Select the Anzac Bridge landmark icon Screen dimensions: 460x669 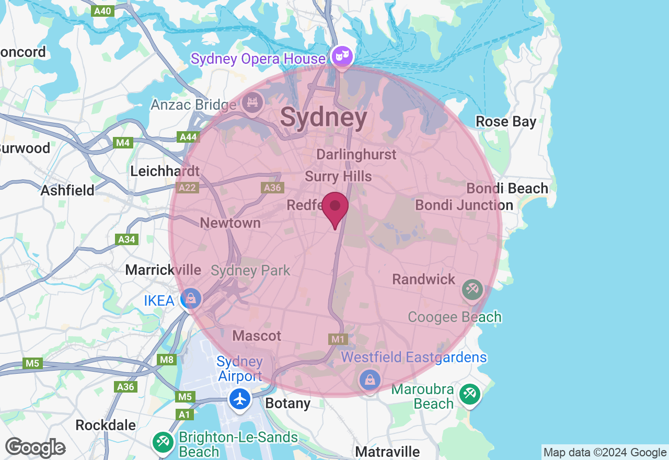click(253, 102)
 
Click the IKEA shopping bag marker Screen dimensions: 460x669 click(191, 299)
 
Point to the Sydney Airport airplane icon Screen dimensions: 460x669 click(240, 399)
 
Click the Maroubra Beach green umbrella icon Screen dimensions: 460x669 click(469, 394)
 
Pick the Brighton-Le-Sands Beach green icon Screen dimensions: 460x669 click(163, 442)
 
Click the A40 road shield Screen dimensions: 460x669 click(102, 11)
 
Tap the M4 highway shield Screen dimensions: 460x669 click(123, 142)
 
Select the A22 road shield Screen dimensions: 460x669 click(188, 187)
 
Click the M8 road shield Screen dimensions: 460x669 click(167, 360)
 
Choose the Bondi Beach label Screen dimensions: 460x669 click(507, 188)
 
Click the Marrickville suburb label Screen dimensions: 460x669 click(163, 270)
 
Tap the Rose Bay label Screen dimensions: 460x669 click(506, 122)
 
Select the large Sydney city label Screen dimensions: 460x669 click(324, 117)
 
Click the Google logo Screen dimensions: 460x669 click(35, 447)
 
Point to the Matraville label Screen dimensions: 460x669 click(387, 452)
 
